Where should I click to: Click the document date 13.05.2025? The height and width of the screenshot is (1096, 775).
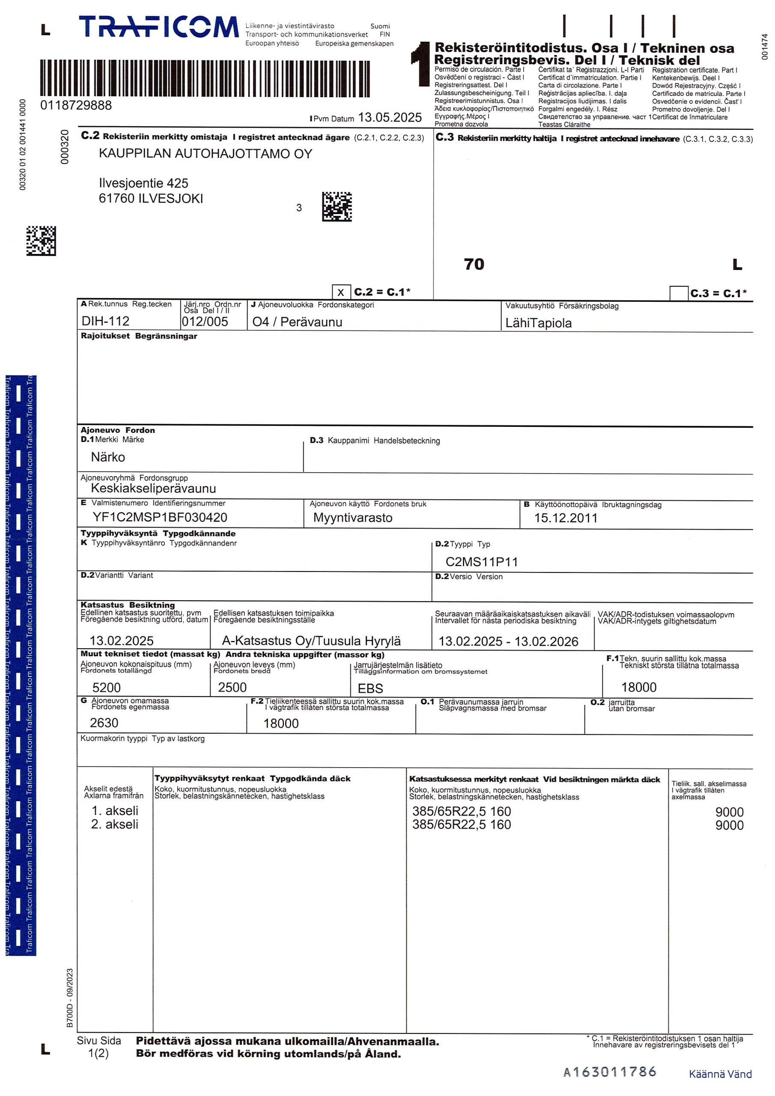390,117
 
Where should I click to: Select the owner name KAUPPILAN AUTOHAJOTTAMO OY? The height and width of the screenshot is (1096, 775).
206,154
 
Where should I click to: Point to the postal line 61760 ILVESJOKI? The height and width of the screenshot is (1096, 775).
151,199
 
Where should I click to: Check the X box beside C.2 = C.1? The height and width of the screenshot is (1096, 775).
340,292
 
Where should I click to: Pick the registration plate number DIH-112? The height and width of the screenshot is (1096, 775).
105,321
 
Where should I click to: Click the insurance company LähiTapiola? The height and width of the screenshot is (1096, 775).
538,323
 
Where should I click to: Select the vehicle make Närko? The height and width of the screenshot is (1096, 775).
108,457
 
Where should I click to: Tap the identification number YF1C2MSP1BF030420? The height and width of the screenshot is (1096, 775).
160,517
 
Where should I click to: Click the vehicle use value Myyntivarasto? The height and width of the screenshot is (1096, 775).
352,518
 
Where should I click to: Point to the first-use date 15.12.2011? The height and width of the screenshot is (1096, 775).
565,518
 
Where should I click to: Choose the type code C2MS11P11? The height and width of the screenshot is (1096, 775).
481,562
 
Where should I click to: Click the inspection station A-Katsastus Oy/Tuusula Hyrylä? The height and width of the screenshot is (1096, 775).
311,640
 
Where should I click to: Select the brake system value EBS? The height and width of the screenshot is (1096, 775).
370,688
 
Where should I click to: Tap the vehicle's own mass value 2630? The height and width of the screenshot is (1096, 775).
104,723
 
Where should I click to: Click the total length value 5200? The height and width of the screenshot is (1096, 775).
107,688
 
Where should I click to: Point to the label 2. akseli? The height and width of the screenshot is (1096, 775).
115,825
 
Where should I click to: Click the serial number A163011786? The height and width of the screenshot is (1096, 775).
610,1072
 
